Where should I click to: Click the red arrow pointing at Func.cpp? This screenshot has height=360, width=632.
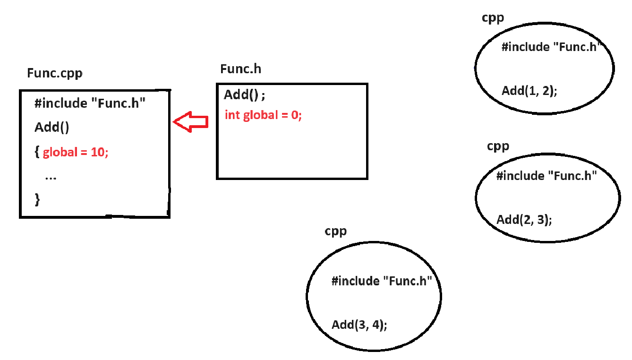click(190, 122)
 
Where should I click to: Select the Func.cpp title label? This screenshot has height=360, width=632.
click(55, 73)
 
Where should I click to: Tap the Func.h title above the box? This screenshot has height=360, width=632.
click(240, 69)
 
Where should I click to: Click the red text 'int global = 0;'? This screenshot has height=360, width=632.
click(263, 115)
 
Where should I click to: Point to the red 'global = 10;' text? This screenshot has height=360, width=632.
click(76, 153)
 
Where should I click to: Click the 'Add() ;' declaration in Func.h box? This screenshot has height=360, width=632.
click(245, 95)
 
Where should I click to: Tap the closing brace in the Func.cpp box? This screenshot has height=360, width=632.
click(37, 199)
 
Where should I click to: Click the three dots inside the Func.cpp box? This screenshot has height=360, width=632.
click(51, 177)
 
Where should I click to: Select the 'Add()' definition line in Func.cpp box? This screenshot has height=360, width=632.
click(52, 128)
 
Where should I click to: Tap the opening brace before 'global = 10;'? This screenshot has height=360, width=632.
click(37, 152)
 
